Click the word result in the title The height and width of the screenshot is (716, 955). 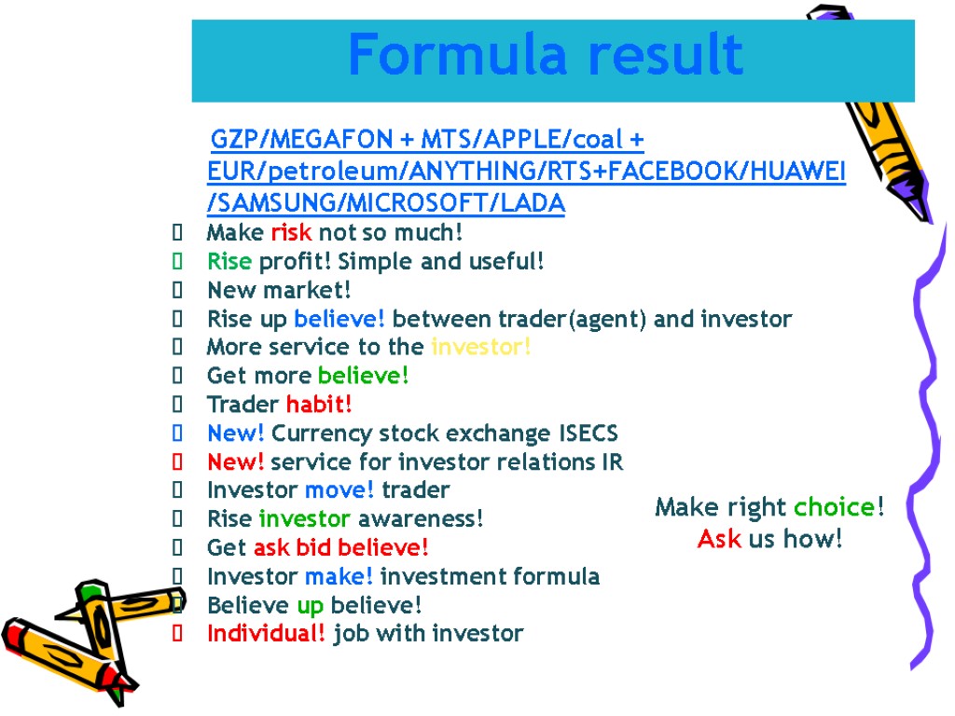pyautogui.click(x=665, y=56)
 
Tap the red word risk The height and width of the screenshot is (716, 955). pyautogui.click(x=291, y=232)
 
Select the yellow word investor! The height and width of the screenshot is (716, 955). pyautogui.click(x=481, y=348)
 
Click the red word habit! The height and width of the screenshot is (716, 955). pyautogui.click(x=319, y=405)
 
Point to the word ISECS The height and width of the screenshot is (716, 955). pyautogui.click(x=587, y=434)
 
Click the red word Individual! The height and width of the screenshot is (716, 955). pyautogui.click(x=267, y=634)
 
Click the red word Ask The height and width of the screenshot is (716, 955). pyautogui.click(x=718, y=539)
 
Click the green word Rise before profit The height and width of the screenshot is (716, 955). pyautogui.click(x=229, y=262)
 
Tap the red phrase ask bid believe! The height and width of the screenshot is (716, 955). pyautogui.click(x=341, y=547)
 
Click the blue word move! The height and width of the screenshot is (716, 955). pyautogui.click(x=339, y=490)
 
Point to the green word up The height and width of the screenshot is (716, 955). pyautogui.click(x=310, y=606)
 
